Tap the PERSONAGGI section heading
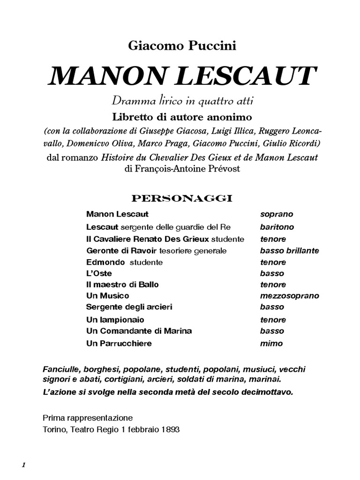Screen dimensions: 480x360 [182, 198]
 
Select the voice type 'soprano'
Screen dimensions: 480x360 [277, 214]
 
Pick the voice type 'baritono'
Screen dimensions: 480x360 [277, 227]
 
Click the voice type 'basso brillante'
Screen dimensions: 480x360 [289, 250]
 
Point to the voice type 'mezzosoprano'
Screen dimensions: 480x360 [289, 296]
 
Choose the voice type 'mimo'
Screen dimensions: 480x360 [271, 343]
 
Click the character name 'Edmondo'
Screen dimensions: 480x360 [105, 262]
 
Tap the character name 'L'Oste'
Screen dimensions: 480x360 [99, 273]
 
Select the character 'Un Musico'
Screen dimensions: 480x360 [107, 296]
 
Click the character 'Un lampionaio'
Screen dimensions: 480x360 [115, 320]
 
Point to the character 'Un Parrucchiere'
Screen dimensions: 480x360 [119, 343]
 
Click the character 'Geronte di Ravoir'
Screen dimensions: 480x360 [122, 250]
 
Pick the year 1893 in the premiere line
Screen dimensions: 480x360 [170, 429]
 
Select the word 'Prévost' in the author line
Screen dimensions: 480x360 [224, 169]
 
